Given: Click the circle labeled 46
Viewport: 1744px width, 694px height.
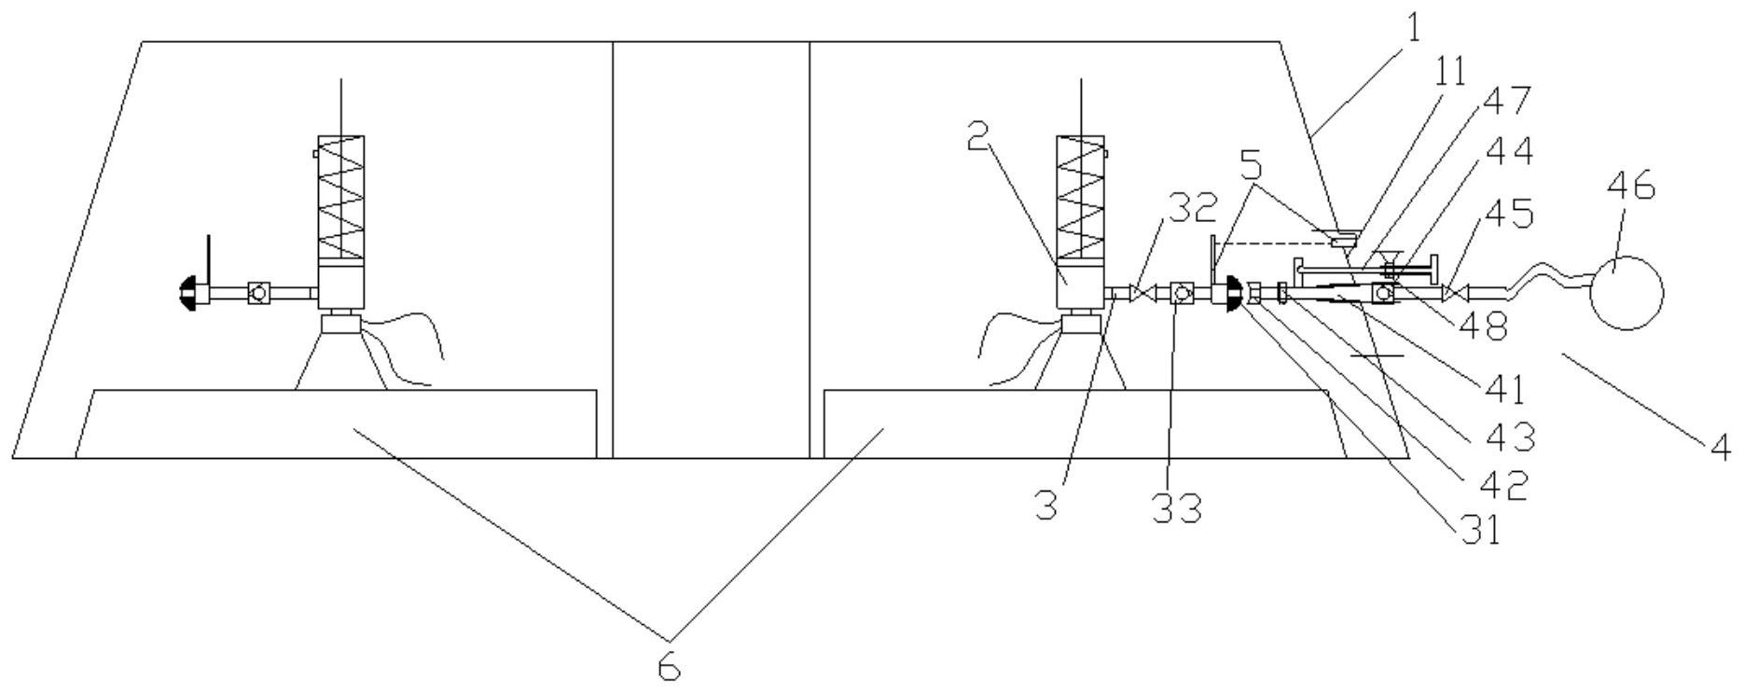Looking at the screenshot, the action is [x=1626, y=292].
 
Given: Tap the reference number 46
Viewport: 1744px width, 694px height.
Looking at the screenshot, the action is [x=1631, y=186].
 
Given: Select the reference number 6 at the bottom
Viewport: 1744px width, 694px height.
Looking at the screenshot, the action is [x=669, y=667].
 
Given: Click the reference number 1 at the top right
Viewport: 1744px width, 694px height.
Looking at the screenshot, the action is [x=1413, y=29].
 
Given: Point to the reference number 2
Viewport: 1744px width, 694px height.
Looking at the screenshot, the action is [x=977, y=139].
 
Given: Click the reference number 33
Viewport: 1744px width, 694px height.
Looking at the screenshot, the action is [x=1176, y=508].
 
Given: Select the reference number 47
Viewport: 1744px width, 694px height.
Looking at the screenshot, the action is [x=1507, y=101].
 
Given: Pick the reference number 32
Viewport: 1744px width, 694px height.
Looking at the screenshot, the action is [x=1192, y=207].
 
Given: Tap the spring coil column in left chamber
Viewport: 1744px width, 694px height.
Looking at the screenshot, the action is [x=340, y=197].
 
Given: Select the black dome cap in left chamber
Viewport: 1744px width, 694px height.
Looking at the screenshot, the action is [x=187, y=294].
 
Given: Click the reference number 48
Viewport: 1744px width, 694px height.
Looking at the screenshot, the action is [x=1482, y=325].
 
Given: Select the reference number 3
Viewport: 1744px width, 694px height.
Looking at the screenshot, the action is [x=1045, y=505].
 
